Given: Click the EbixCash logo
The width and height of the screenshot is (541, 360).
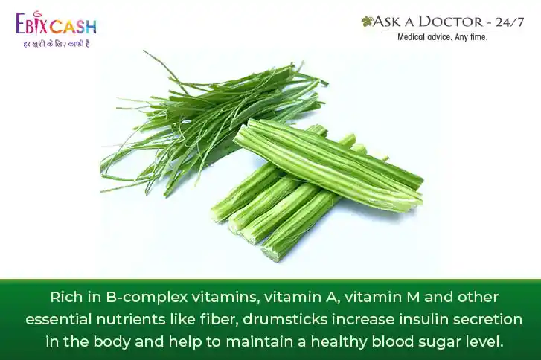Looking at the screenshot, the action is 56,24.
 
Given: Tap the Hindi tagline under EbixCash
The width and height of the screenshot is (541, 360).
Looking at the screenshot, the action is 57,44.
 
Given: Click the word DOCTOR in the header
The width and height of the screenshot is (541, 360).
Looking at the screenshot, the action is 451,22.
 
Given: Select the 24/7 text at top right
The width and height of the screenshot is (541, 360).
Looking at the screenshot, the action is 510,22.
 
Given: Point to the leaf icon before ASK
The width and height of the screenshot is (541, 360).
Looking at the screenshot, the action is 367,22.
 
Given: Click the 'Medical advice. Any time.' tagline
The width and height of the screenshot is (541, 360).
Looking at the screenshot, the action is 442,37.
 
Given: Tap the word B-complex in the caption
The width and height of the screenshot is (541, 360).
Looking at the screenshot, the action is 147,298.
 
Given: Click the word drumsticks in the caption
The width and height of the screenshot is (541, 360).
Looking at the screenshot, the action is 285,319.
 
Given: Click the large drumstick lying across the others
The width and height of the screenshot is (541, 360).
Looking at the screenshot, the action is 327,165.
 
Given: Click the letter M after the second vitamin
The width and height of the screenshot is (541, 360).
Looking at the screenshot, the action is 413,297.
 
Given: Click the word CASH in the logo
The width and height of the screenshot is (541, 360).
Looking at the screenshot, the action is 72,27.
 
